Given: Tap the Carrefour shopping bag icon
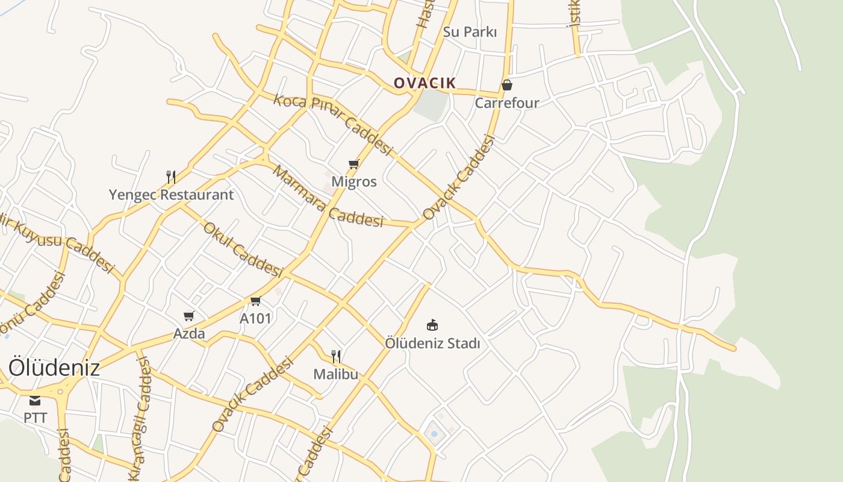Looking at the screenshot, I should (507, 86).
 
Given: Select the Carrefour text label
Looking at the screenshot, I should (507, 103).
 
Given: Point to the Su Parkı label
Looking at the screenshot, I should (470, 32).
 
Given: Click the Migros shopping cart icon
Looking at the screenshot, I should (354, 164).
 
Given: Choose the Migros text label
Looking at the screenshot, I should (354, 181).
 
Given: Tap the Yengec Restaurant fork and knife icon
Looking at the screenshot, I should (171, 177).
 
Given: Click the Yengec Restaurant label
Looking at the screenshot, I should (171, 195).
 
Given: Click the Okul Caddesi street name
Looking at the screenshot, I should (243, 249).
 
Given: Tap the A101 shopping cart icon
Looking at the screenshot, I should (256, 301).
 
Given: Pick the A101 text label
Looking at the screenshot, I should (256, 318).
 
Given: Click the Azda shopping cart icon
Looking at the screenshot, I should (189, 316).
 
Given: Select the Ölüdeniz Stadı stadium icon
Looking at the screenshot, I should (432, 325).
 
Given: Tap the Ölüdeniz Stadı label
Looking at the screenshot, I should (432, 343).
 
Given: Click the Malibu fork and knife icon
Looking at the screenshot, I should (336, 357).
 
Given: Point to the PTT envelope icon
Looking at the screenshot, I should (35, 400).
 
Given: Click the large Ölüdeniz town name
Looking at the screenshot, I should (54, 368).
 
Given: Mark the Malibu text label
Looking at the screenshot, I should (335, 374).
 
